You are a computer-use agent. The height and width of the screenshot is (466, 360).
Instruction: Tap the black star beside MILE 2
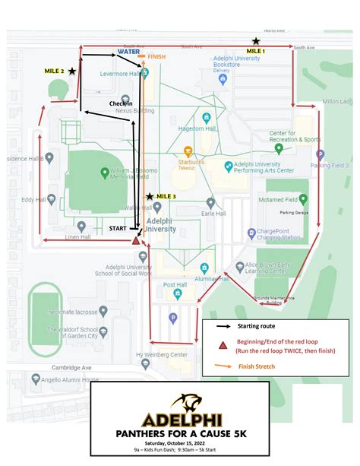[x=71, y=71]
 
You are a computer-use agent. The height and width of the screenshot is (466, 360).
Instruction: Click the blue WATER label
[x=128, y=52]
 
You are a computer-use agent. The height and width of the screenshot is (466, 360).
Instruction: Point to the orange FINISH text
[x=156, y=57]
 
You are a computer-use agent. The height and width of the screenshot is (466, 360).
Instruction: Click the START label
[x=118, y=227]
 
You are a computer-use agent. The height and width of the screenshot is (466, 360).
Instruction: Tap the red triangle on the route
[x=136, y=240]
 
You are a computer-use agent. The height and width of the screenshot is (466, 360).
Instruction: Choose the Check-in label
[x=121, y=103]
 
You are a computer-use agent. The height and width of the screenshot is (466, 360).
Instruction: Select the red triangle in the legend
[x=223, y=345]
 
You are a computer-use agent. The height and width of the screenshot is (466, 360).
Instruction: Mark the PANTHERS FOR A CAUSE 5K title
[x=180, y=433]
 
